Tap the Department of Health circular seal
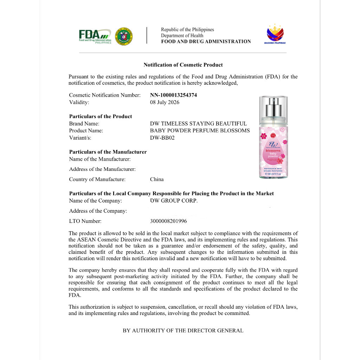[x=124, y=36]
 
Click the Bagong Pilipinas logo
[x=275, y=34]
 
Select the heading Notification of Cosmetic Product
[x=183, y=65]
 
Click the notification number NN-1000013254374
[x=173, y=95]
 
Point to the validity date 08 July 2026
[x=165, y=102]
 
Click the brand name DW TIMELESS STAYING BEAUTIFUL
[x=198, y=123]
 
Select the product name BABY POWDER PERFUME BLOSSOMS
[x=200, y=130]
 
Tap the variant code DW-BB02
[x=162, y=138]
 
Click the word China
[x=157, y=179]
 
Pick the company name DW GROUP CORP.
[x=174, y=201]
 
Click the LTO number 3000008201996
[x=168, y=221]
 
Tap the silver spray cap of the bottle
[x=273, y=107]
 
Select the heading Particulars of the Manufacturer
[x=108, y=152]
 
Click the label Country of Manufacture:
[x=97, y=179]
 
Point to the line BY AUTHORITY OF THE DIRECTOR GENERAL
[x=183, y=330]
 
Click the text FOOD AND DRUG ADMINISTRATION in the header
[x=206, y=41]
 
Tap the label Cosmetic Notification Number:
[x=105, y=95]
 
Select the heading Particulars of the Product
[x=101, y=116]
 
